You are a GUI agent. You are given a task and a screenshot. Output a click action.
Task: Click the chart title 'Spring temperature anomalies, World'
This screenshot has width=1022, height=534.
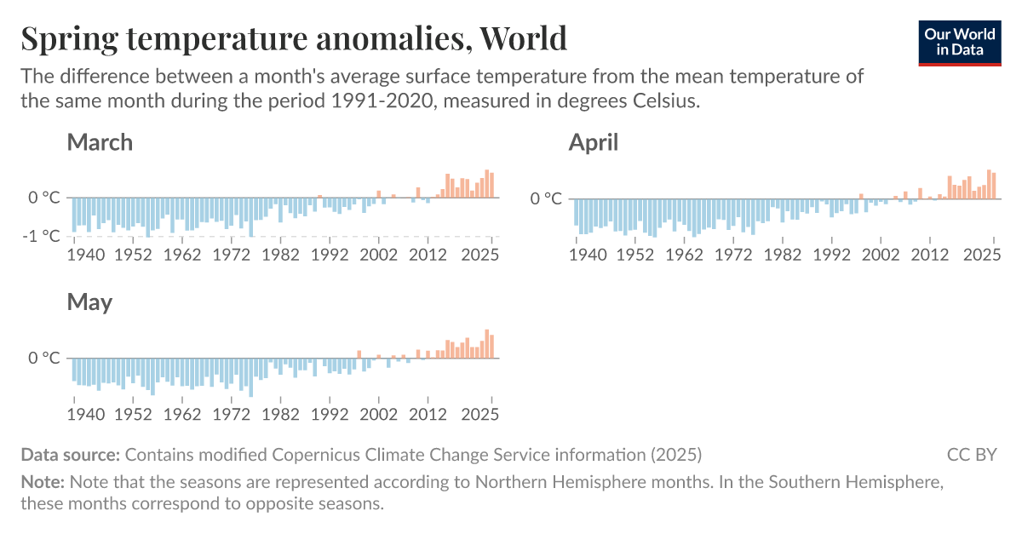pos(293,39)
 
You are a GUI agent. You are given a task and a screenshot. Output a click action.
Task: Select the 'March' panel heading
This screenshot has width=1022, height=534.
pos(100,142)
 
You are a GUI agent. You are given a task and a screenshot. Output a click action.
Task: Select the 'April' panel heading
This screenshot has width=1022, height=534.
pos(593,142)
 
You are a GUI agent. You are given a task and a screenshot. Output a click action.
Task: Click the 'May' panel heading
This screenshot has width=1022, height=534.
pos(89,302)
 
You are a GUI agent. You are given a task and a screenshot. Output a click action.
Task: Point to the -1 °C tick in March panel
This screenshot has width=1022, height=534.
pos(41,236)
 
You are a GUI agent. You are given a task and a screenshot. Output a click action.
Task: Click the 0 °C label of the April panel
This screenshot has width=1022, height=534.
pos(546,198)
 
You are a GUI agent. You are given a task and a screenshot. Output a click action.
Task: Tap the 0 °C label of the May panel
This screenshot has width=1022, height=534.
pos(44,358)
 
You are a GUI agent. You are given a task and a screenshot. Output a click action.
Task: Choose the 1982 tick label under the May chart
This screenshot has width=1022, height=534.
pos(281,414)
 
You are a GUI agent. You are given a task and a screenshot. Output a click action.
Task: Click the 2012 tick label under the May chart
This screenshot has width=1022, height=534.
pos(428,414)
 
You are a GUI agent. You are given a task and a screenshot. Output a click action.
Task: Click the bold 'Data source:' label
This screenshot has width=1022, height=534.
pos(71,455)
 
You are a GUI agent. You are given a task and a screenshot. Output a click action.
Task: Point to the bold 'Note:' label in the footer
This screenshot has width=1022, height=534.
pos(43,482)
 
